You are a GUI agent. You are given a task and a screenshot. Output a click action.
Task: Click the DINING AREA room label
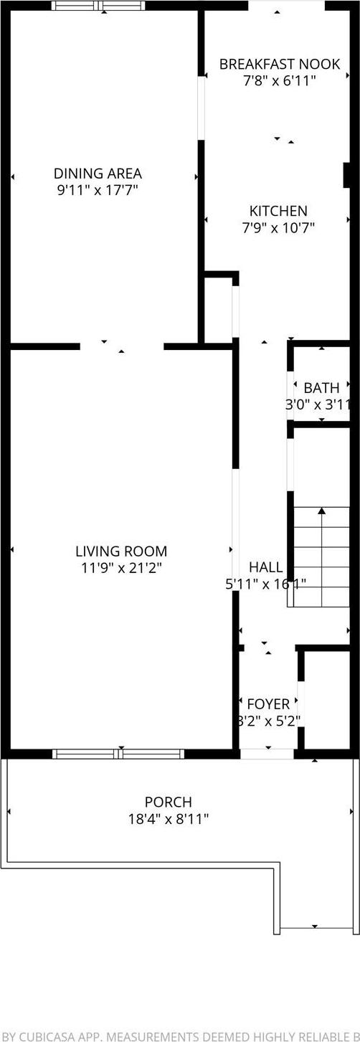(98, 173)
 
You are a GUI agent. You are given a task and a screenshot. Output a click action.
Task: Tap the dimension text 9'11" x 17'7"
(98, 190)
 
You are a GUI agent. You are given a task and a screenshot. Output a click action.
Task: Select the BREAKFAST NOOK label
(278, 64)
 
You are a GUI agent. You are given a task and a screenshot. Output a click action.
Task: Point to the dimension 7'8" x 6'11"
(278, 81)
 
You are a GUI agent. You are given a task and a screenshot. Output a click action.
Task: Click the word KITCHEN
(278, 211)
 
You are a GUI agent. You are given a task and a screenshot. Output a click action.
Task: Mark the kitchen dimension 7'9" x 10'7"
(278, 228)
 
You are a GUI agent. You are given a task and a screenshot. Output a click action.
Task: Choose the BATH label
(321, 388)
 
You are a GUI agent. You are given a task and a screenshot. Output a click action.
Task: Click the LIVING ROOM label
(121, 551)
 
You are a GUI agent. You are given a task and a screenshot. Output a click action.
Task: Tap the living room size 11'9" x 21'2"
(121, 568)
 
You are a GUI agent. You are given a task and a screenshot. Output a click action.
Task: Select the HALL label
(265, 567)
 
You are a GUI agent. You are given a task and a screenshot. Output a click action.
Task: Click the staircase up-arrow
(322, 511)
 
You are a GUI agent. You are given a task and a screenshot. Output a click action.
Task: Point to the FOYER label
(268, 704)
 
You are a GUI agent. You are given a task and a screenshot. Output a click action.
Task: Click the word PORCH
(169, 802)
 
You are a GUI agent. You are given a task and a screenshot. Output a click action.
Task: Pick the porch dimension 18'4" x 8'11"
(169, 819)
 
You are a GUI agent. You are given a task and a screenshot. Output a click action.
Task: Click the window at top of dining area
(98, 6)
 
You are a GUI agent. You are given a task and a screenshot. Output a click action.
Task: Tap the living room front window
(118, 754)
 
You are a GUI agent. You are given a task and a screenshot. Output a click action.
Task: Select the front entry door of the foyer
(267, 754)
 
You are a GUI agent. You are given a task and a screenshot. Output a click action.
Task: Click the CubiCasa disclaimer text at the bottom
(180, 1035)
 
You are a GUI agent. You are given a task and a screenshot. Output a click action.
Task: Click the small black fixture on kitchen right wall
(346, 175)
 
